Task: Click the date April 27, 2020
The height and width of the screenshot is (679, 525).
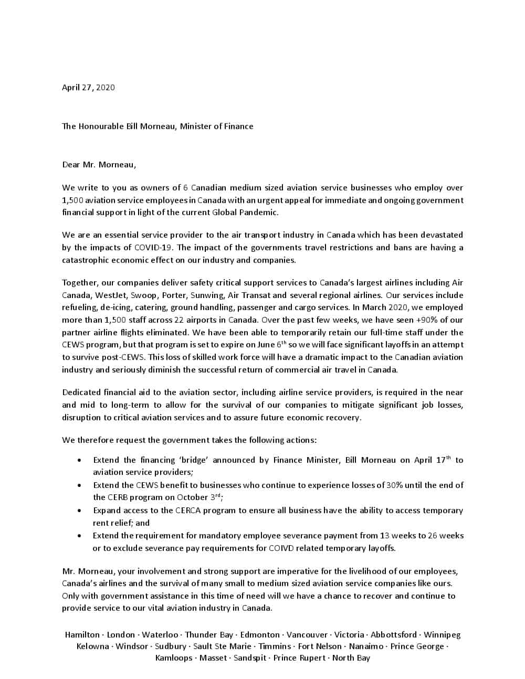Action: pos(88,88)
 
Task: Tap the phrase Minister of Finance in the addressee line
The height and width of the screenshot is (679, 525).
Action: pos(216,126)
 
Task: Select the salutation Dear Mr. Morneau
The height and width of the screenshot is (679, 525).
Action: pos(99,165)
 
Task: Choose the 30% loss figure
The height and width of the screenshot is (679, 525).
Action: pos(394,485)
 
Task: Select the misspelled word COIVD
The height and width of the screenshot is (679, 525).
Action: pos(281,548)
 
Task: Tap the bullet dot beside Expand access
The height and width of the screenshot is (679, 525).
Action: pos(79,511)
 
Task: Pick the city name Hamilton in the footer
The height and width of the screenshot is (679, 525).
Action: pos(82,635)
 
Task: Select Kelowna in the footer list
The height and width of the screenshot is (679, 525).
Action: pos(93,646)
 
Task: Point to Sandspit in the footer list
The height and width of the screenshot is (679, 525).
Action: pos(250,658)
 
